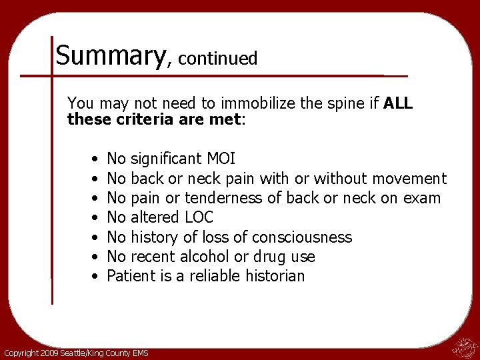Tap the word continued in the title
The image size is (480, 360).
217,59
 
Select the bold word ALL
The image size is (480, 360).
399,104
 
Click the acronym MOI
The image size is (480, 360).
221,159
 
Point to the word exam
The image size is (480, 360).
424,198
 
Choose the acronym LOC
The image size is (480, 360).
199,217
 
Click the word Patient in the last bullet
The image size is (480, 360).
127,276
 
